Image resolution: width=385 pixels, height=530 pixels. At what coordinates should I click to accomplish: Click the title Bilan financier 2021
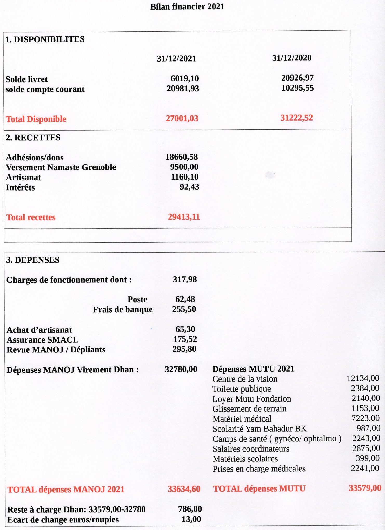pos(187,7)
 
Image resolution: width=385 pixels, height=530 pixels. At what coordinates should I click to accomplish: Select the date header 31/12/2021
pos(176,59)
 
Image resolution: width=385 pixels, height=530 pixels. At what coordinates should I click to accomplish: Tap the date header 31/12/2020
pos(291,58)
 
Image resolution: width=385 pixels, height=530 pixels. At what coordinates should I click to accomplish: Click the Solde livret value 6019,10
pos(185,78)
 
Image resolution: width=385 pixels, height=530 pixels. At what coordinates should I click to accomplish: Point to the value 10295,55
pos(297,88)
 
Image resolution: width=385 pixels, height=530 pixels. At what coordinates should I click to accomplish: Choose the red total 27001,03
pos(182,118)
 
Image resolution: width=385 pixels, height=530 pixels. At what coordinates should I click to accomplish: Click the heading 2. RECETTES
pos(33,138)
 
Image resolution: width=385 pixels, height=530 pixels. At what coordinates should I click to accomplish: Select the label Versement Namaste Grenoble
pos(61,167)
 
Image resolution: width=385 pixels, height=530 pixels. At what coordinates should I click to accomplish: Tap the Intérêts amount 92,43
pos(189,187)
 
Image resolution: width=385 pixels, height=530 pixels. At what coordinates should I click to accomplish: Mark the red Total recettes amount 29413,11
pos(184,217)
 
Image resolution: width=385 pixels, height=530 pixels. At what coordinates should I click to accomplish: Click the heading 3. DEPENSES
pos(33,260)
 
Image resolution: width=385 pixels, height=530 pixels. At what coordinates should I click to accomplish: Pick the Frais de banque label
pos(123,309)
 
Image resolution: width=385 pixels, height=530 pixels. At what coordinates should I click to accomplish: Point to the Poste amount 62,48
pos(185,299)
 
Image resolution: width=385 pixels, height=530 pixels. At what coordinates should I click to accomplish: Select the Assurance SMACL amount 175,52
pos(185,339)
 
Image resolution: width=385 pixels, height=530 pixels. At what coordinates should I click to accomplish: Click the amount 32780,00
pos(181,369)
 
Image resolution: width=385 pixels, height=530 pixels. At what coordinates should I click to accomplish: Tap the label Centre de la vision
pos(245,379)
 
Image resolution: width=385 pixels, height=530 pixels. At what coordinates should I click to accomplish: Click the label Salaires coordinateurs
pos(251,449)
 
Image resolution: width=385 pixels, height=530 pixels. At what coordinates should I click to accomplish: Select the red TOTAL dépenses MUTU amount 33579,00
pos(365,488)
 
